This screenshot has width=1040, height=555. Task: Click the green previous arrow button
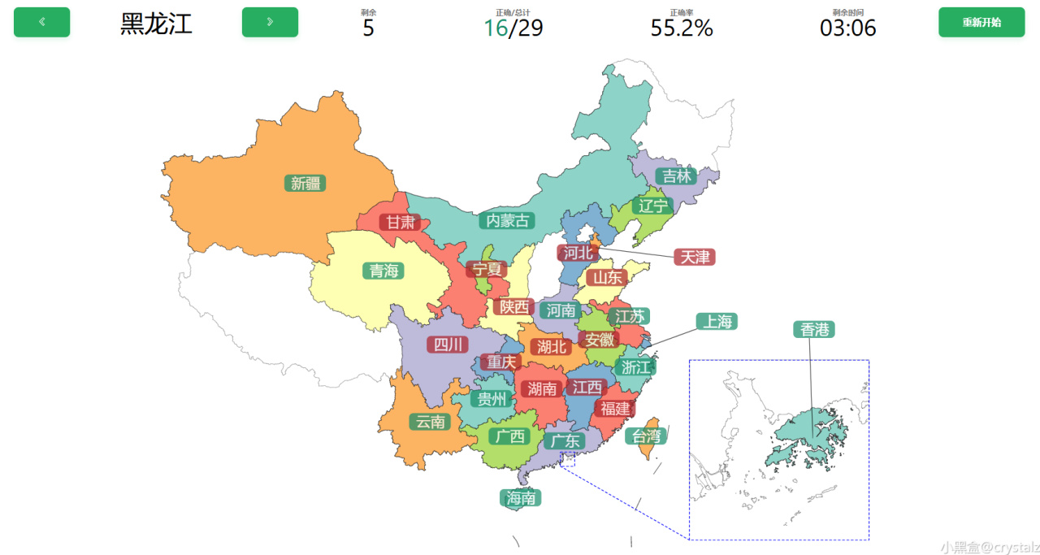(42, 22)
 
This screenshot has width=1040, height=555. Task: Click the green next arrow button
(270, 22)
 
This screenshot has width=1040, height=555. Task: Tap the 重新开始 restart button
(981, 22)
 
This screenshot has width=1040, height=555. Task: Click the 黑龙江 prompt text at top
(156, 24)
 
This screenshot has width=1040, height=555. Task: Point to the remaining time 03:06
(847, 28)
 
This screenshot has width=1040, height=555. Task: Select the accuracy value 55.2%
(681, 28)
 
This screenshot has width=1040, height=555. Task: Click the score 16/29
(513, 28)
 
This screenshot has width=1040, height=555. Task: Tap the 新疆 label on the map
(305, 184)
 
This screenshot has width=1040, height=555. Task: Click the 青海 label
(383, 271)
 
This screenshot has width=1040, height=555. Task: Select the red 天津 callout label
(694, 257)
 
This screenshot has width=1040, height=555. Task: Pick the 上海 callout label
(717, 322)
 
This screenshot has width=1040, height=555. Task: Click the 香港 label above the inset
(814, 329)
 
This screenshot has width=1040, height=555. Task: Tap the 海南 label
(521, 498)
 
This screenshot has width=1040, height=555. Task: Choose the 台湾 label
(646, 436)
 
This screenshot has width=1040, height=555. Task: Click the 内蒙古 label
(507, 220)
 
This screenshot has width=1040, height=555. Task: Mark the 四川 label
(448, 345)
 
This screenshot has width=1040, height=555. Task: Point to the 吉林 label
(676, 176)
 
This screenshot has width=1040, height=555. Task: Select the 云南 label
(430, 422)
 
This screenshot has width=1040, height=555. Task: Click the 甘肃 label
(401, 222)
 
